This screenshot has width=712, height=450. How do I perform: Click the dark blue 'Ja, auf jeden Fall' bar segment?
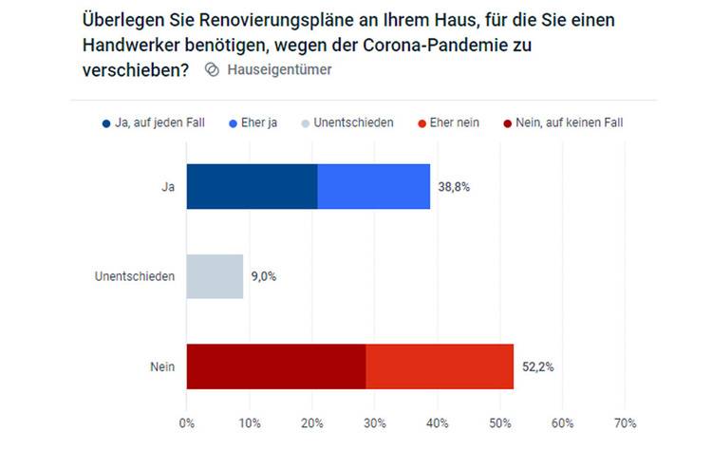[252, 186]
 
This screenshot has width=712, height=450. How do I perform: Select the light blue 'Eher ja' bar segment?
[373, 186]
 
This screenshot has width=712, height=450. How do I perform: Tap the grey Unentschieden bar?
[215, 276]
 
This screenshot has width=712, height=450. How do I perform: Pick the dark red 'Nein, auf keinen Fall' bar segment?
[275, 366]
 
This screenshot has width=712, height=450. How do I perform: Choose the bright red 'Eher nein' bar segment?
[440, 366]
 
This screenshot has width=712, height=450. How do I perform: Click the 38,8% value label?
[455, 187]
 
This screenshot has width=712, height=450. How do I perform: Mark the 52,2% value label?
[538, 366]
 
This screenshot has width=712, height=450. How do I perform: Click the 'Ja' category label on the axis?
[168, 187]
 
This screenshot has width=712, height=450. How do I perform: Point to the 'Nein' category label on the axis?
[162, 366]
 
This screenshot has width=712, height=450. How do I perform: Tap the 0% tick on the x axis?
[187, 422]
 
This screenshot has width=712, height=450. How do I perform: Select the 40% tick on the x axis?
[438, 422]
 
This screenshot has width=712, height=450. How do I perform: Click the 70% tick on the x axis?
[625, 422]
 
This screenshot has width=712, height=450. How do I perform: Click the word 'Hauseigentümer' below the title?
[279, 70]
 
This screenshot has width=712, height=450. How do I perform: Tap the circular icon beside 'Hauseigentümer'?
[213, 70]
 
